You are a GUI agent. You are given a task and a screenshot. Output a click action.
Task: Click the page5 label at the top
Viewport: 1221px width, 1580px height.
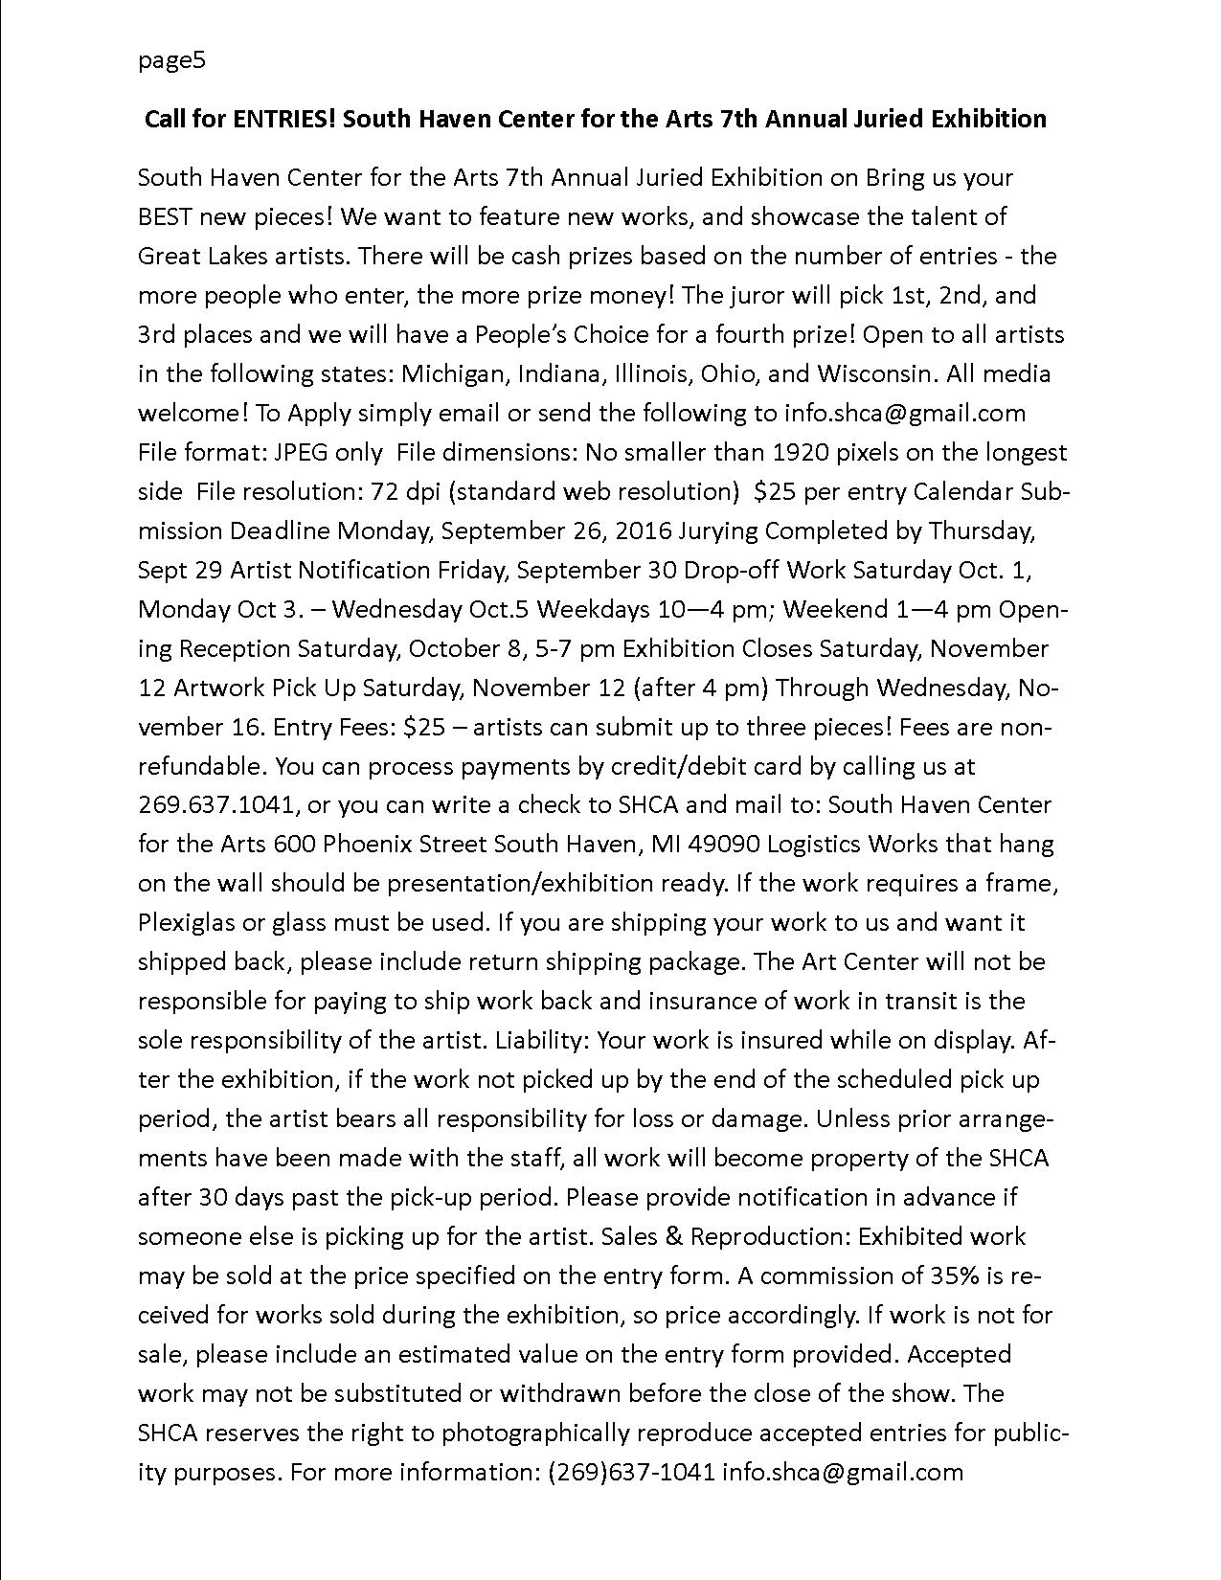(x=171, y=61)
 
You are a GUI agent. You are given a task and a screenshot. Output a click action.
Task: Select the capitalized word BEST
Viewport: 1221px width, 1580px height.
(x=165, y=216)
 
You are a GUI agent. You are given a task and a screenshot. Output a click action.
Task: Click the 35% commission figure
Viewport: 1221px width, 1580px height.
(x=954, y=1276)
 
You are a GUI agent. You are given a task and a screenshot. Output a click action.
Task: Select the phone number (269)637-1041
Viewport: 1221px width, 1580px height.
(x=631, y=1472)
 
